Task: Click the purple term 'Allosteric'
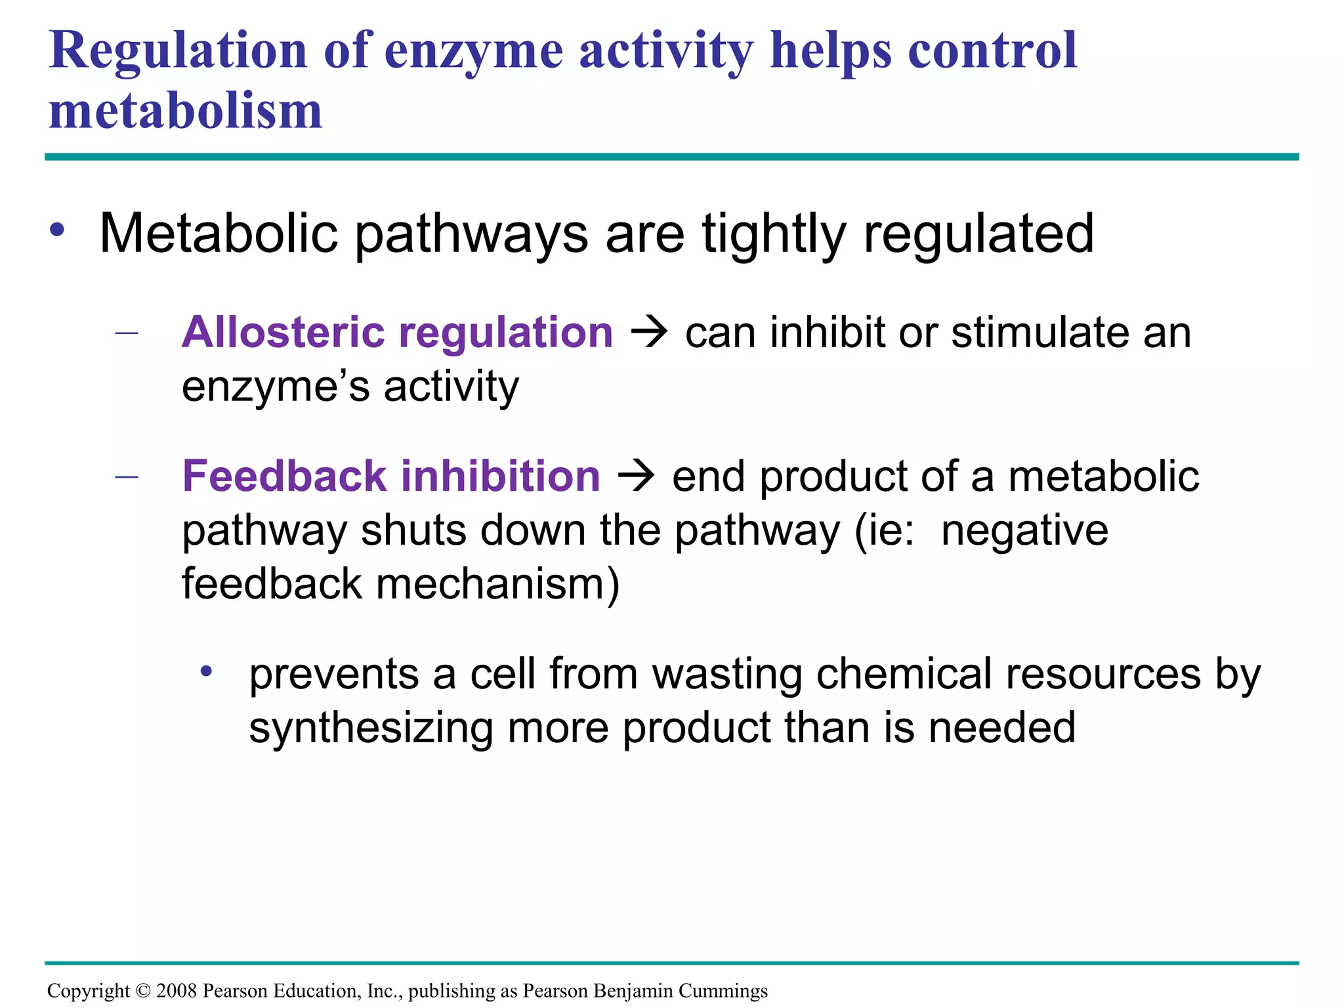(283, 332)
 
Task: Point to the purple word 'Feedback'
(284, 476)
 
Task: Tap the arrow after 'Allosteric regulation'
(649, 333)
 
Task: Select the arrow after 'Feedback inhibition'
(636, 476)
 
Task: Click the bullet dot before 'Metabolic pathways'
(57, 230)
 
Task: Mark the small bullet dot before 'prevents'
(207, 671)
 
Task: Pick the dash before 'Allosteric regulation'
(126, 333)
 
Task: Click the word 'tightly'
(773, 234)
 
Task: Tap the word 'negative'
(1024, 530)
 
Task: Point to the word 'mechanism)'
(497, 584)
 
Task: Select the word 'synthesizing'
(371, 728)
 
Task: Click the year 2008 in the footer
(177, 990)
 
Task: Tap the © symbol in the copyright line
(143, 990)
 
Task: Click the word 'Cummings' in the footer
(723, 991)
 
